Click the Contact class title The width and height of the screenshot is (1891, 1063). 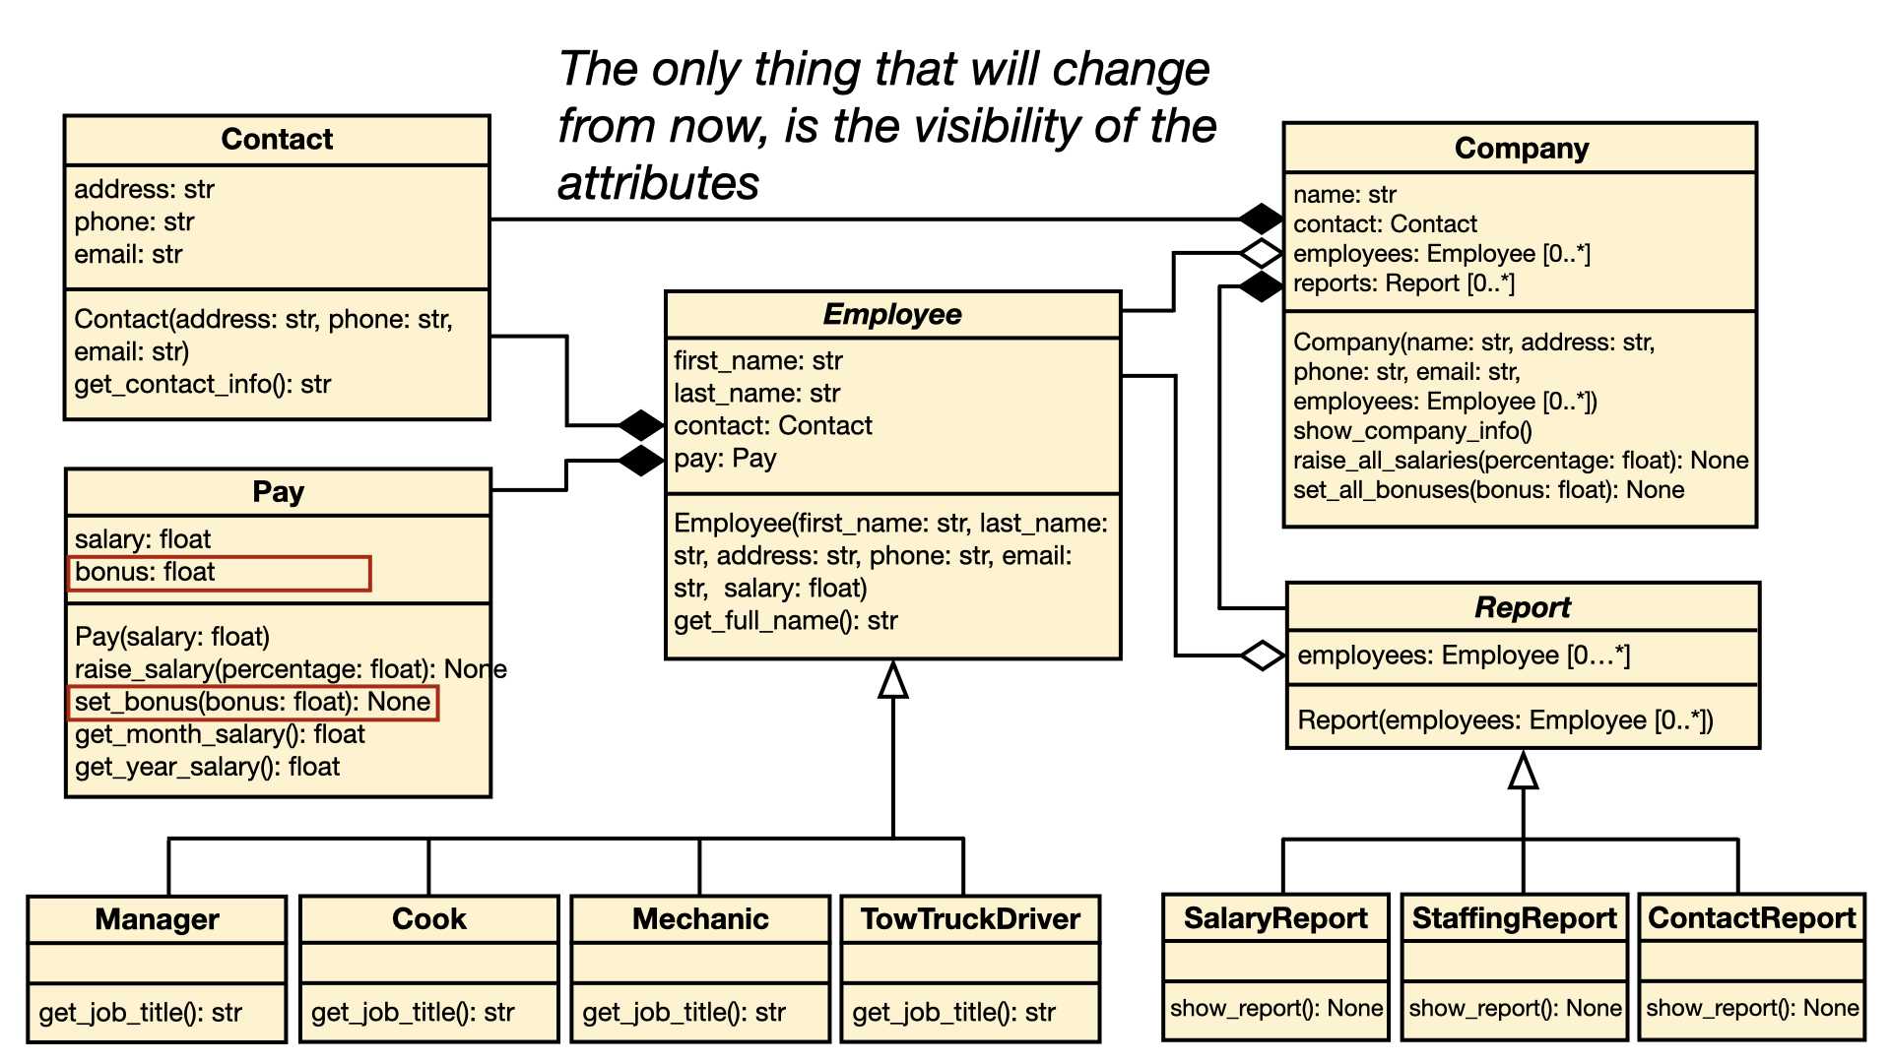(277, 140)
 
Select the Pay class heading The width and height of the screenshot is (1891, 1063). (279, 492)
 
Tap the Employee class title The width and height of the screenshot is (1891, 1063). (892, 314)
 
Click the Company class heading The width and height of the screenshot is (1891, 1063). (1522, 149)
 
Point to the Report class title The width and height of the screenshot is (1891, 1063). (1523, 607)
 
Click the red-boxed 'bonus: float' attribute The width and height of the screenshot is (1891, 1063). (219, 573)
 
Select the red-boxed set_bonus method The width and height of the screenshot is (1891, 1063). (252, 703)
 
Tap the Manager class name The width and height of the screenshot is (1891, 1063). (157, 919)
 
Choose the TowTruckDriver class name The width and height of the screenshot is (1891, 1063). (970, 919)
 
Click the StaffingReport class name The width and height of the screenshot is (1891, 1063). (1514, 918)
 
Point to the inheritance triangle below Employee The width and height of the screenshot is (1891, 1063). (893, 679)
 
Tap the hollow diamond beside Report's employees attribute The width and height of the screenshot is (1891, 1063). (1263, 656)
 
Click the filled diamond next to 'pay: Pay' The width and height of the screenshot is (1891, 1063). (642, 460)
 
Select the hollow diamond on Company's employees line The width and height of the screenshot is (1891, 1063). (1261, 254)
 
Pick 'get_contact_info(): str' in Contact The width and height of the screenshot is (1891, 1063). (203, 385)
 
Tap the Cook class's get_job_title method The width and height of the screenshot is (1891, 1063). (413, 1013)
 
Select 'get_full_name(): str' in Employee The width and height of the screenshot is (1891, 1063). (786, 621)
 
